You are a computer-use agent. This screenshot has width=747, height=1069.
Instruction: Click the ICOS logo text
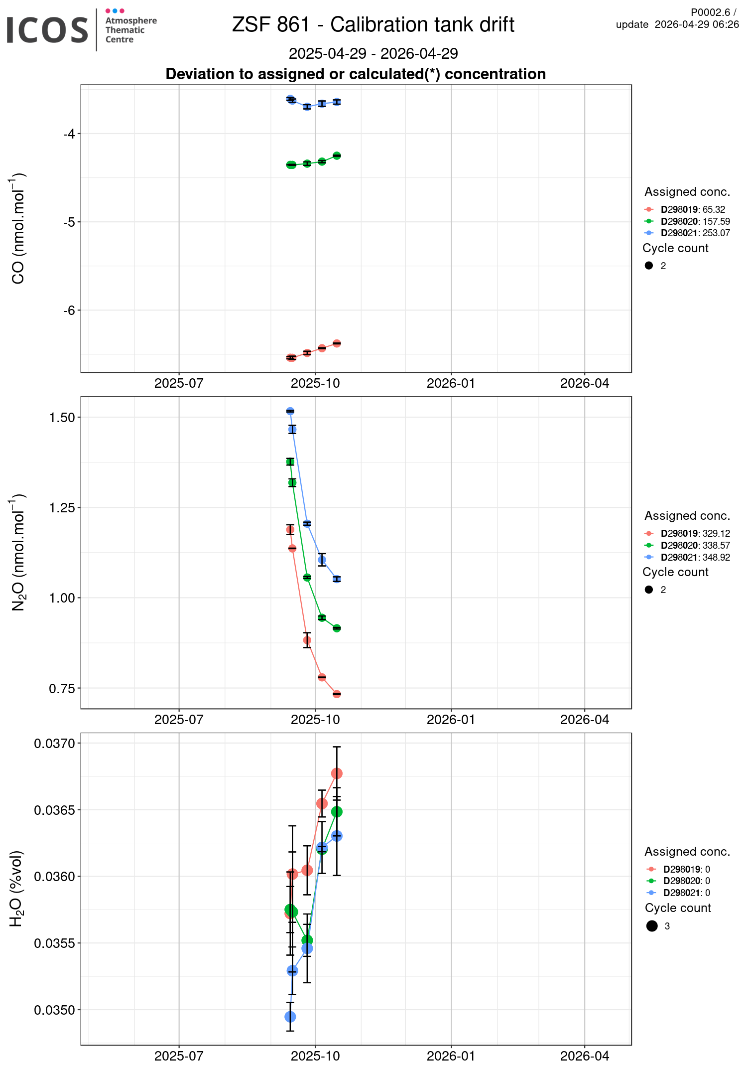pyautogui.click(x=47, y=30)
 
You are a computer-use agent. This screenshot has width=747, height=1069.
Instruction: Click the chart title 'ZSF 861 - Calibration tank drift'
pyautogui.click(x=373, y=25)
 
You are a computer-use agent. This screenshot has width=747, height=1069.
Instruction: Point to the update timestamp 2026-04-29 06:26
pyautogui.click(x=696, y=24)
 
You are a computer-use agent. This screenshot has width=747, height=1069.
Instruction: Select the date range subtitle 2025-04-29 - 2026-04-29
pyautogui.click(x=373, y=53)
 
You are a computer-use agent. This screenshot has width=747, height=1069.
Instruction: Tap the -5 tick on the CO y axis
pyautogui.click(x=69, y=222)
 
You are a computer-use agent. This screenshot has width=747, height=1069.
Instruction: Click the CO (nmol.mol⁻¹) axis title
pyautogui.click(x=18, y=228)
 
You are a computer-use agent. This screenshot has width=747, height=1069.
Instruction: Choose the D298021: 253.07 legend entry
pyautogui.click(x=695, y=233)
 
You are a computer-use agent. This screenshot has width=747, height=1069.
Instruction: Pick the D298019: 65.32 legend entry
pyautogui.click(x=692, y=210)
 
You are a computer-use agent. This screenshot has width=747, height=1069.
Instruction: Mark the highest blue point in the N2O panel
pyautogui.click(x=290, y=411)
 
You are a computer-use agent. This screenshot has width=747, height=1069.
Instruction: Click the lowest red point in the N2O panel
pyautogui.click(x=337, y=694)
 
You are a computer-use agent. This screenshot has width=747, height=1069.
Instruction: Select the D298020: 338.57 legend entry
pyautogui.click(x=695, y=546)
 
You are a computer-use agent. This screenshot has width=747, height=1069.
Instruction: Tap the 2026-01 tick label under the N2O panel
pyautogui.click(x=451, y=720)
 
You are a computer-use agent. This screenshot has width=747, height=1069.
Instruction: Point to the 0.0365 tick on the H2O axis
pyautogui.click(x=54, y=810)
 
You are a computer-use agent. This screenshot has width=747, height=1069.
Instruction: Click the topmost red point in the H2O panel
pyautogui.click(x=337, y=773)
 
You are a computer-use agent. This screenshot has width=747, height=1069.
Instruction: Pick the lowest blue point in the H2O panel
pyautogui.click(x=290, y=1017)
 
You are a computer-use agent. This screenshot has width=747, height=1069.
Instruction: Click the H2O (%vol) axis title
pyautogui.click(x=16, y=889)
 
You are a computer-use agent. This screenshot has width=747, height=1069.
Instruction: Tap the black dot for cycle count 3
pyautogui.click(x=652, y=926)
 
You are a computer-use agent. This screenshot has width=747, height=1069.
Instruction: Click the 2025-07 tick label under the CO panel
pyautogui.click(x=179, y=383)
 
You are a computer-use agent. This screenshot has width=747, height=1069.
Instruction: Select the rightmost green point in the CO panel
pyautogui.click(x=337, y=155)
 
